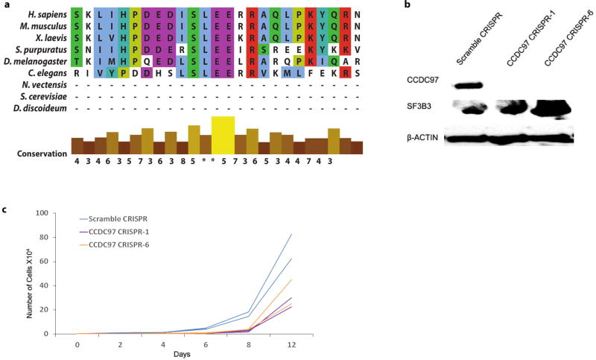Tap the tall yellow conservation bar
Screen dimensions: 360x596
223,135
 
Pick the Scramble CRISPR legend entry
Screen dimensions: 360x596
113,219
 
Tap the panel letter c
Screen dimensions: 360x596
5,210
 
